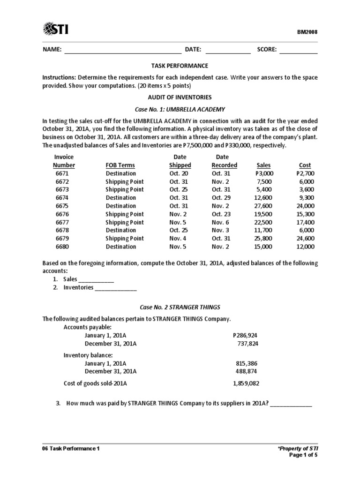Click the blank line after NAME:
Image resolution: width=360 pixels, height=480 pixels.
pos(122,50)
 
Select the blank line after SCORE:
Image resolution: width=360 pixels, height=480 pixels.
pos(299,50)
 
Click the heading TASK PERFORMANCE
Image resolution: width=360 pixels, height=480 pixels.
pos(180,66)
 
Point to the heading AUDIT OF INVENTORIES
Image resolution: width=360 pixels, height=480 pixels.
pos(180,97)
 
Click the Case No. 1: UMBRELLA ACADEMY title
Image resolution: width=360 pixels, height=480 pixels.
pos(180,109)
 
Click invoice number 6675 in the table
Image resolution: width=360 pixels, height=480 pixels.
pos(62,206)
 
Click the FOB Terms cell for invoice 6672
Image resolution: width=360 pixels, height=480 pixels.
pos(125,181)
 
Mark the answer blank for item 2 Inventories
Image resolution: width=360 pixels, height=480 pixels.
pos(116,287)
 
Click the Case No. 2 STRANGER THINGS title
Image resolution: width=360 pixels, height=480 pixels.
pos(180,307)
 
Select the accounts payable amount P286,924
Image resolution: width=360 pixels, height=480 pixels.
pos(245,336)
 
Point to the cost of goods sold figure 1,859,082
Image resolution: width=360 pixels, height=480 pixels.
pos(246,383)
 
